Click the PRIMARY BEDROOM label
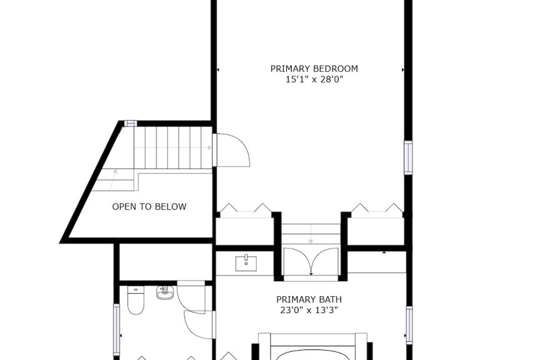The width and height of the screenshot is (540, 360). tap(314, 69)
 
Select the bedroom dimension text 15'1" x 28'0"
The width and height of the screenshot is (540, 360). tap(314, 80)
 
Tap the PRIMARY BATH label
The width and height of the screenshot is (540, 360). tap(309, 299)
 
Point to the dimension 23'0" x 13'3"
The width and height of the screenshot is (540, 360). tap(309, 311)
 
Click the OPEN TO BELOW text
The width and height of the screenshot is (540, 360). tap(149, 207)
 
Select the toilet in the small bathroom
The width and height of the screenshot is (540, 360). tap(136, 300)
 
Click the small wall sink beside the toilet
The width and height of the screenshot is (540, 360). tap(164, 292)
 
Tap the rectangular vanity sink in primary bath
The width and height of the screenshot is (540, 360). tap(246, 263)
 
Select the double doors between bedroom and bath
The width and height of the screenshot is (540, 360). tap(311, 260)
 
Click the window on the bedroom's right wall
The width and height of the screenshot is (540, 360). tap(408, 157)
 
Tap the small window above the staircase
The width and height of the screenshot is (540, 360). tap(131, 123)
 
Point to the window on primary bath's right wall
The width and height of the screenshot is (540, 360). tap(409, 325)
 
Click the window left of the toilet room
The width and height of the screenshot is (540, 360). tap(116, 329)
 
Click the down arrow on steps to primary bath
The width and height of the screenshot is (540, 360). tap(311, 234)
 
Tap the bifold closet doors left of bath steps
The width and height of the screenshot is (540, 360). tap(246, 208)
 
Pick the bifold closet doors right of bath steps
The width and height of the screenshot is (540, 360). tap(377, 208)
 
